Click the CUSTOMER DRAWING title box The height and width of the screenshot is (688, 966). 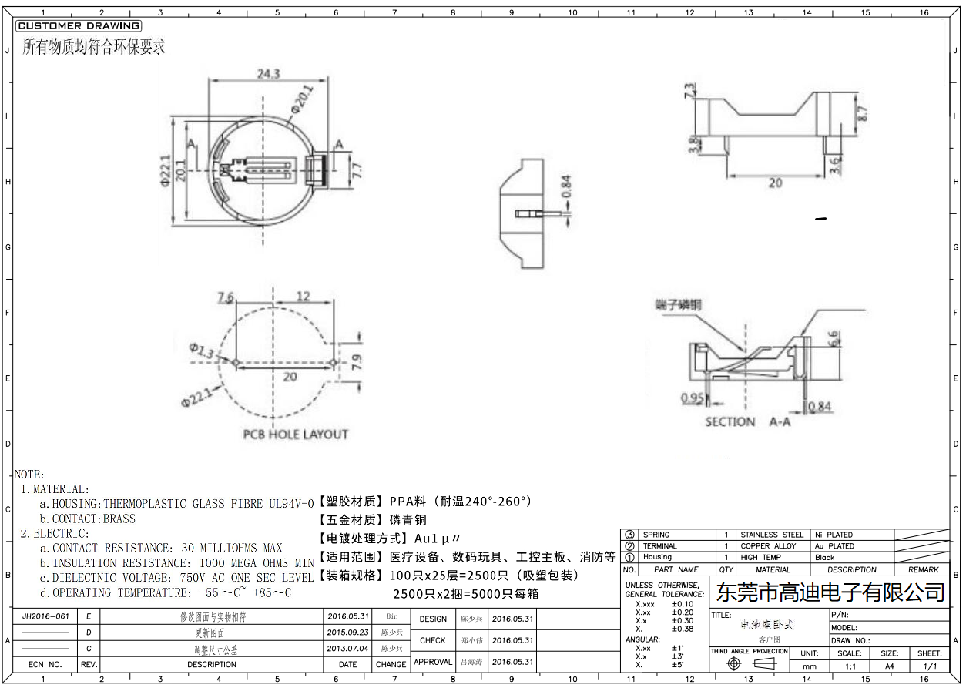click(78, 26)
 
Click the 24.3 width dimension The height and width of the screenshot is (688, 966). click(267, 74)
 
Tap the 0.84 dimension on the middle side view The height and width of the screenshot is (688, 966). click(565, 187)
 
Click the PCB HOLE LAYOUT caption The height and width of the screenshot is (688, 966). click(296, 435)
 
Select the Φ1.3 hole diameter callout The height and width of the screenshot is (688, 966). click(205, 351)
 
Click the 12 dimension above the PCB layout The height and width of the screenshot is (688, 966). click(303, 297)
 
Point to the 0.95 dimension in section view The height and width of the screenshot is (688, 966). click(693, 398)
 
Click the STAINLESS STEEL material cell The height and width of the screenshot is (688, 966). click(771, 535)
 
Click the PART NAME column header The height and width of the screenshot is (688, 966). click(676, 570)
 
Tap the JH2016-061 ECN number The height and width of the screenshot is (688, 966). click(45, 616)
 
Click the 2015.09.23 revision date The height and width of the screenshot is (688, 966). click(347, 632)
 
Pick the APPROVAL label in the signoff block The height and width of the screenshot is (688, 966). click(433, 662)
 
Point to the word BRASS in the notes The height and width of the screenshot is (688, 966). click(119, 519)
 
